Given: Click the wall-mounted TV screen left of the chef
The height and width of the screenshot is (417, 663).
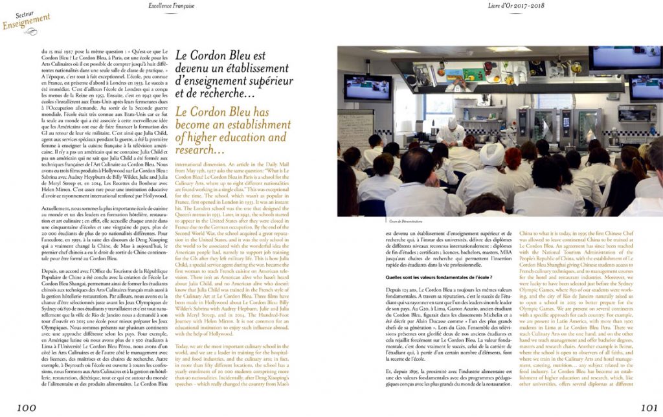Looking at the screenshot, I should [367, 87].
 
